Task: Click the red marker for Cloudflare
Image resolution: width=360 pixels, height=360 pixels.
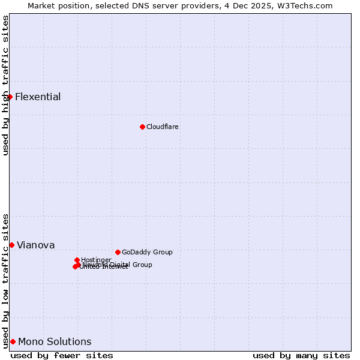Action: pyautogui.click(x=142, y=127)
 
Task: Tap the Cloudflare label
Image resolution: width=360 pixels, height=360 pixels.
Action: pyautogui.click(x=163, y=127)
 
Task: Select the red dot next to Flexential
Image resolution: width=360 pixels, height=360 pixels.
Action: pyautogui.click(x=10, y=97)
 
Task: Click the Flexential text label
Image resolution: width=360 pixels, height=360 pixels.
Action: pyautogui.click(x=38, y=97)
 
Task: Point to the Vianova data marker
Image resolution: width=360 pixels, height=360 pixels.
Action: pyautogui.click(x=11, y=245)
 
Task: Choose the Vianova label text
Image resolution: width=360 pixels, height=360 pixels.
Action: pyautogui.click(x=36, y=245)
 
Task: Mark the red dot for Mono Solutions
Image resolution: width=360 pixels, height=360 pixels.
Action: pyautogui.click(x=13, y=341)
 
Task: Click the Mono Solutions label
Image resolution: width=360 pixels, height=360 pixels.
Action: pyautogui.click(x=55, y=341)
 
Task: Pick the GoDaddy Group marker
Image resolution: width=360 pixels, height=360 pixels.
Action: pyautogui.click(x=118, y=252)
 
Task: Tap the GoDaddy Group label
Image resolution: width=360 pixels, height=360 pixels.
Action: pyautogui.click(x=147, y=252)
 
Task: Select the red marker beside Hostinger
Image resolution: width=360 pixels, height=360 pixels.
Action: pyautogui.click(x=77, y=260)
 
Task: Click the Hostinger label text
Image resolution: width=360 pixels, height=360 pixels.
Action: pyautogui.click(x=97, y=260)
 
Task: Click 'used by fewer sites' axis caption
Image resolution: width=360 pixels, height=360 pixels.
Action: pyautogui.click(x=62, y=355)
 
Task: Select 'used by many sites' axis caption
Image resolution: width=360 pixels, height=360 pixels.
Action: pyautogui.click(x=301, y=355)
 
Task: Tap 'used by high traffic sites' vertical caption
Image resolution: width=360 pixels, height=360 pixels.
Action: pyautogui.click(x=6, y=85)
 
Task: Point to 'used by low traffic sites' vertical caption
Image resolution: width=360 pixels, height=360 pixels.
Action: pyautogui.click(x=6, y=280)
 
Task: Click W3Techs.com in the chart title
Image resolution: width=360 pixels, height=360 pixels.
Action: pyautogui.click(x=306, y=5)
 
